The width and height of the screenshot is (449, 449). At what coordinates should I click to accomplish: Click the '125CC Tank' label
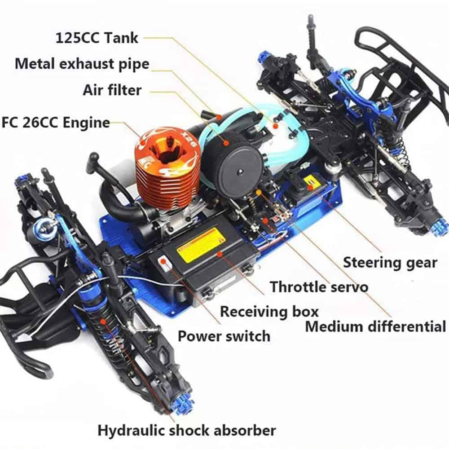pos(97,38)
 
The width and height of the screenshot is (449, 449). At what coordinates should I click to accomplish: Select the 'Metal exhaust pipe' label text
pos(82,64)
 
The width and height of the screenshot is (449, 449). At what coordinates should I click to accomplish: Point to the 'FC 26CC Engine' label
pos(56,123)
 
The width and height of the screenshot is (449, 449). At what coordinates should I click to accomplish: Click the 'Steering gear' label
pos(390,263)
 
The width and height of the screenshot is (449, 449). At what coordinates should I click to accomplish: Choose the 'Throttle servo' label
pos(319,286)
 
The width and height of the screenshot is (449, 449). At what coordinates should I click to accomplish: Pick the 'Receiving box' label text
pos(269,311)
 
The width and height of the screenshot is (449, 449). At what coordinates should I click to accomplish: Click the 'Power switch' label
pos(224,336)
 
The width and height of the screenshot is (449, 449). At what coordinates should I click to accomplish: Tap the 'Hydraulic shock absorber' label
pos(187,431)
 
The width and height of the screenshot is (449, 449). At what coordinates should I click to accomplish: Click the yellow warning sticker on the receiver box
pos(202,245)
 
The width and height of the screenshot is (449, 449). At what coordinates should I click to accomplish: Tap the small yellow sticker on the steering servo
pos(311,182)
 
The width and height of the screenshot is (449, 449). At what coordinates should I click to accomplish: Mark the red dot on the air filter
pos(227,142)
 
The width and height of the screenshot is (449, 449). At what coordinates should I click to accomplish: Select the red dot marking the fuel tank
pos(276,126)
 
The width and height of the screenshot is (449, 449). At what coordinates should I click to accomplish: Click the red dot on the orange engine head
pos(143,142)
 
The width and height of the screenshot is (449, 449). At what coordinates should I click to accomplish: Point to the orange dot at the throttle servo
pos(259,192)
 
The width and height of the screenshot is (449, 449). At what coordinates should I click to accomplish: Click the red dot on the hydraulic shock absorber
pos(103,321)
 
